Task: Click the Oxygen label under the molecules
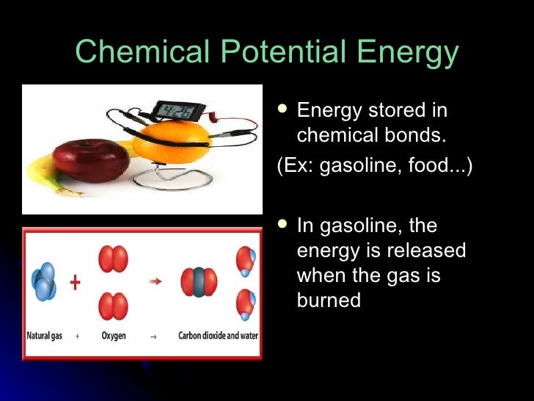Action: (113, 336)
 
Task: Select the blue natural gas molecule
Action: (43, 281)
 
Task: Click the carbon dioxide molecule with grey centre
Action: (200, 282)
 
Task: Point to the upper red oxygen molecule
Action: (113, 259)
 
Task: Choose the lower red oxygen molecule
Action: (113, 306)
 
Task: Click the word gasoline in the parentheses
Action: (344, 167)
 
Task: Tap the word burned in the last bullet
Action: (329, 300)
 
